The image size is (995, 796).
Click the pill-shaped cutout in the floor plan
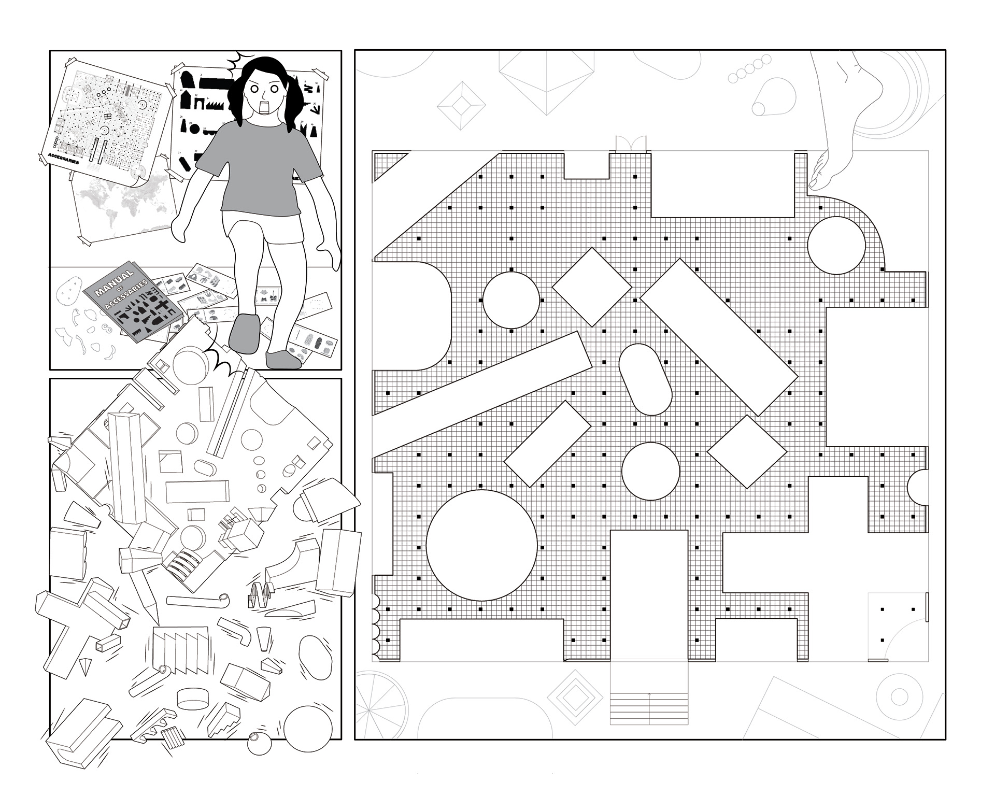point(645,379)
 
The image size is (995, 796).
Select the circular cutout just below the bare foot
point(836,245)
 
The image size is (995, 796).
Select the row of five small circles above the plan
point(749,70)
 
